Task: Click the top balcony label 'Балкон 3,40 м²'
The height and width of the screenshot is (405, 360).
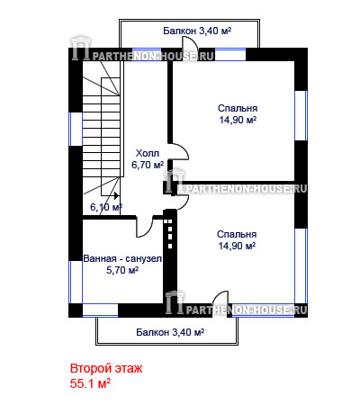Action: click(197, 31)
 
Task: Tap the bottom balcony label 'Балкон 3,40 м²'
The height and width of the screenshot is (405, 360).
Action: click(170, 332)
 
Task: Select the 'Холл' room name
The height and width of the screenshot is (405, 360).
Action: click(148, 153)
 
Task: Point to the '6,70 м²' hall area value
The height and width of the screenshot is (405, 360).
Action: click(148, 165)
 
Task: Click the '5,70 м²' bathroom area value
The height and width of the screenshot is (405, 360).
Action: click(122, 270)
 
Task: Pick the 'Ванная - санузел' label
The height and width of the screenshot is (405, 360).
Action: click(122, 258)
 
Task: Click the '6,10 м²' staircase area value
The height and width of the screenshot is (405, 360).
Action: click(106, 207)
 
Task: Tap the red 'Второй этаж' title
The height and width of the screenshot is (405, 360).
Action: click(106, 368)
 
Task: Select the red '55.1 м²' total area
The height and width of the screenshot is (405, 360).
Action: click(90, 383)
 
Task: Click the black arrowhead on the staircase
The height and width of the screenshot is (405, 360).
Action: click(116, 195)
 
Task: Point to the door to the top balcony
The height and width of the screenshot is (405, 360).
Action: click(190, 46)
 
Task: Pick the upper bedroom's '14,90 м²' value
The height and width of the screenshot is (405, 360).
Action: click(238, 120)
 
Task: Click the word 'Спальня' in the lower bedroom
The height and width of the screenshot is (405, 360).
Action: click(237, 234)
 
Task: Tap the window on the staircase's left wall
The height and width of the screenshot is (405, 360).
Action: click(76, 129)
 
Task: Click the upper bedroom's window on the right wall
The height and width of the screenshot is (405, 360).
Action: click(301, 115)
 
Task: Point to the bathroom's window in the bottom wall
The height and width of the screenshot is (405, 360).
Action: click(100, 310)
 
